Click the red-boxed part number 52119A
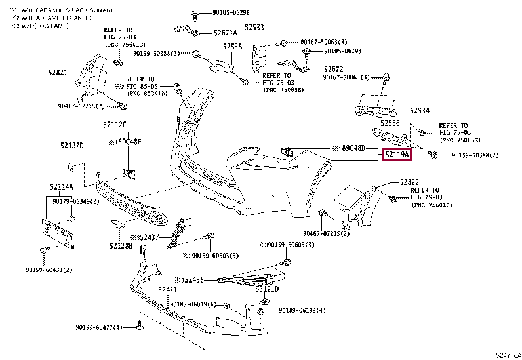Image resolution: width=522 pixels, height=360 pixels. (397, 155)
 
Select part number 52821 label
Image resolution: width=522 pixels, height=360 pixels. (58, 73)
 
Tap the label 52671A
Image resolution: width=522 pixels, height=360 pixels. (225, 32)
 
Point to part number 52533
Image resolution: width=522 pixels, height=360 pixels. (254, 28)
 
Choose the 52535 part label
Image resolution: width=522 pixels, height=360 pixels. (232, 47)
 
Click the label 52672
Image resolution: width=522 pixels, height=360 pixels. (332, 69)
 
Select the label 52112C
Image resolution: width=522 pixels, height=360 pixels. (114, 125)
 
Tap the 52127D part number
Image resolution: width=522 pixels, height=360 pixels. (72, 146)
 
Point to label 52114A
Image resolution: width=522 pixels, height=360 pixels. (61, 187)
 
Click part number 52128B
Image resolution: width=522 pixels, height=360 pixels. (121, 245)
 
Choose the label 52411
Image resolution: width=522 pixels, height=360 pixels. (167, 289)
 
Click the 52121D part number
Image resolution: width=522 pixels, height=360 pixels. (267, 289)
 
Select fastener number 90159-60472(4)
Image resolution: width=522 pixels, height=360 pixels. (98, 327)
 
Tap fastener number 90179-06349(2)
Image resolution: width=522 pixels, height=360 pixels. (75, 202)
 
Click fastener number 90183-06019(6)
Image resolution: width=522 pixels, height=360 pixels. (193, 304)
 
